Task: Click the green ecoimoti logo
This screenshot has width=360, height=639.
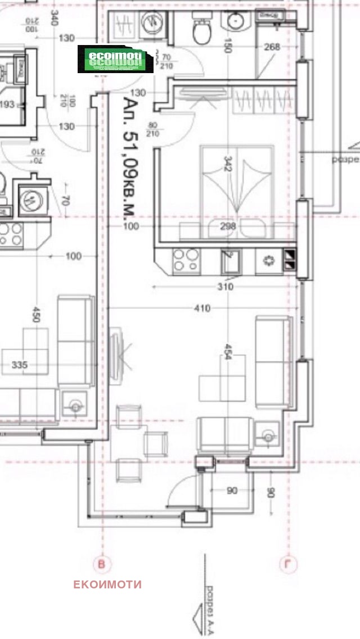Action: [115, 59]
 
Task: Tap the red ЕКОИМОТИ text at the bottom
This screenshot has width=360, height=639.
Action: [107, 584]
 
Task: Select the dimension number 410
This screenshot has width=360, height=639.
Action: [202, 308]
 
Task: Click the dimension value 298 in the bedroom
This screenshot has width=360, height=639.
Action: [228, 226]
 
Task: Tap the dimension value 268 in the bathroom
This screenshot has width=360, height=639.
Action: [272, 47]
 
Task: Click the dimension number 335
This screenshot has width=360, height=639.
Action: [20, 365]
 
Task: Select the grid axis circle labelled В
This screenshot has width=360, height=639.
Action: [102, 564]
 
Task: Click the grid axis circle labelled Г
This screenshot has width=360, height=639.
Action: [288, 564]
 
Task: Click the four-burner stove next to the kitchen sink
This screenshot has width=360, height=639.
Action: [186, 260]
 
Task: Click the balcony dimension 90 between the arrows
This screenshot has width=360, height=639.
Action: [232, 491]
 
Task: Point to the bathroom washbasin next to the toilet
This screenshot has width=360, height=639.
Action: [236, 21]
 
